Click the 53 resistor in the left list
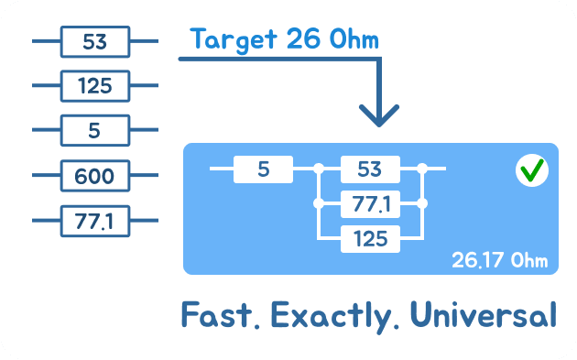point(94,41)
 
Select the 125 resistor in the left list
point(94,86)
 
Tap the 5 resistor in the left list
point(94,130)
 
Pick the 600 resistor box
point(94,175)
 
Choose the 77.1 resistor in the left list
point(94,220)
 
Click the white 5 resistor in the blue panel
point(263,169)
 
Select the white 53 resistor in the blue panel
point(370,169)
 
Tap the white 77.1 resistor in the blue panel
point(370,203)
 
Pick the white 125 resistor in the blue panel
point(370,239)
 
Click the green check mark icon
point(531,170)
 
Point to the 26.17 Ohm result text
point(499,259)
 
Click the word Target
point(234,39)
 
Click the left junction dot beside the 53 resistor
point(319,169)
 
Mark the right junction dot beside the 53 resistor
point(422,169)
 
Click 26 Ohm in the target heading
point(332,39)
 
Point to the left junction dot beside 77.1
point(319,203)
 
